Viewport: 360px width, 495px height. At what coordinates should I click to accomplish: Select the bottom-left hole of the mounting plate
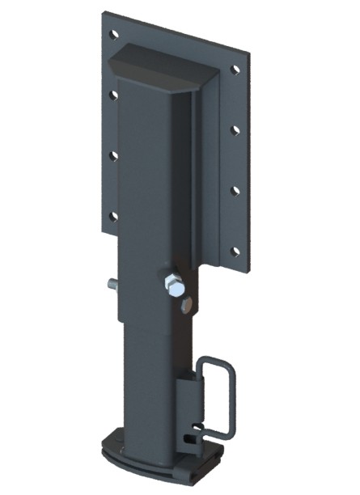point(112,215)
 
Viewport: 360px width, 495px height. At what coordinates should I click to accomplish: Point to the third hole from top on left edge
point(113,154)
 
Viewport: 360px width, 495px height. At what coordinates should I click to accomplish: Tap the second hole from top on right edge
point(235,129)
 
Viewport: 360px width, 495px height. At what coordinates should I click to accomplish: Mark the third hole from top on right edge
point(235,190)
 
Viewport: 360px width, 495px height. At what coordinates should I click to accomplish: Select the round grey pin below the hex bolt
point(187,304)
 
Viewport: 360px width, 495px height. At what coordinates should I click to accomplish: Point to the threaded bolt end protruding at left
point(109,285)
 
